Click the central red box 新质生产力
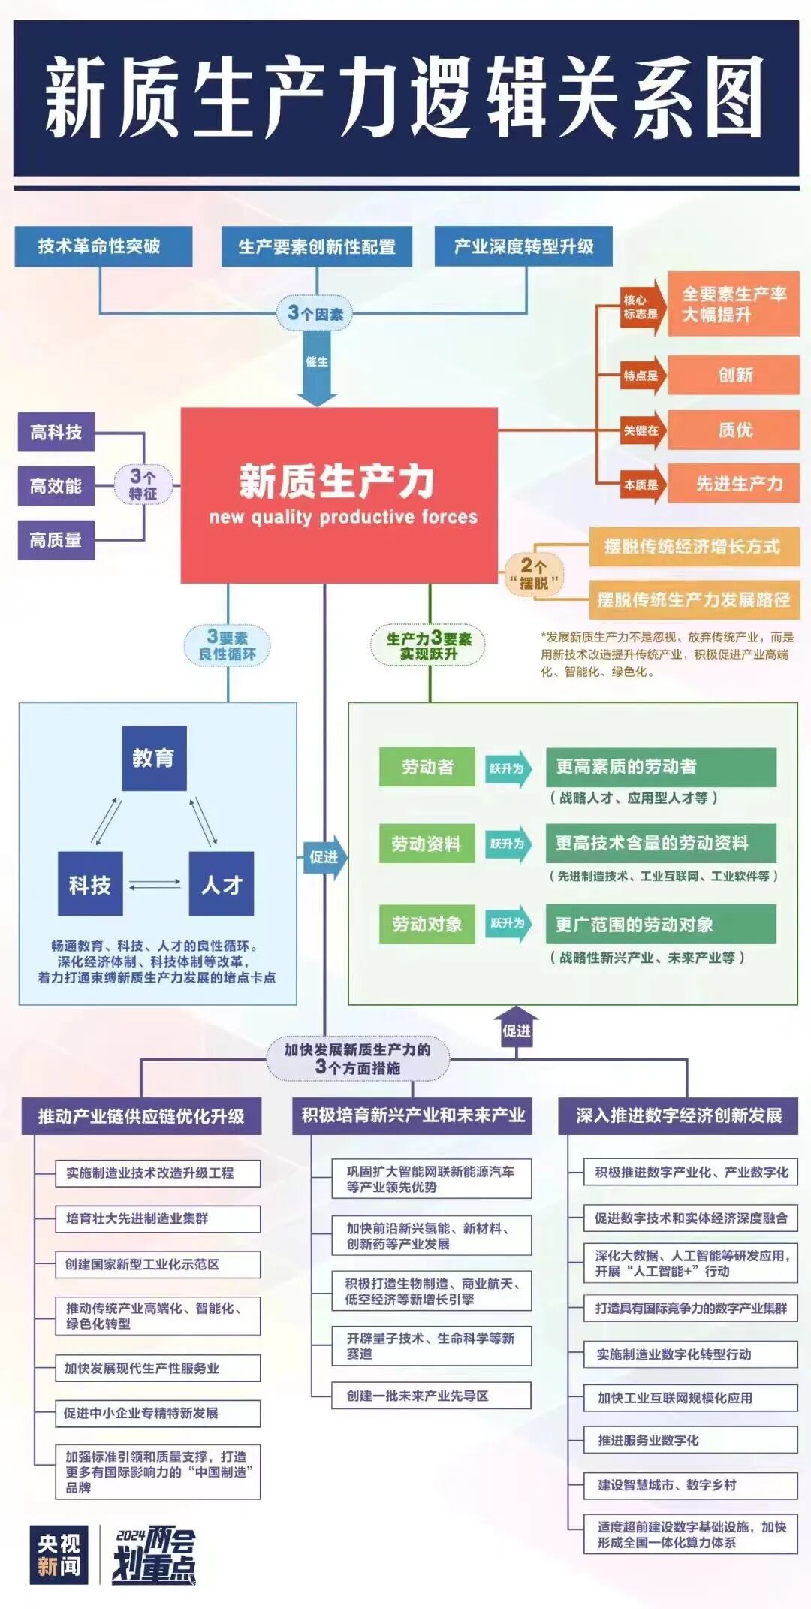coord(339,494)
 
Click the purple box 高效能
coord(56,486)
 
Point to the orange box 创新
coord(734,375)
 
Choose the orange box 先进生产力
coord(734,484)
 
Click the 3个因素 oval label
coord(316,312)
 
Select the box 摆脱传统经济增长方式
coord(693,546)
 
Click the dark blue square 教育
coord(154,758)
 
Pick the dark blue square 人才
coord(221,884)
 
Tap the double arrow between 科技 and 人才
coord(155,884)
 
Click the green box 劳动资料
coord(427,844)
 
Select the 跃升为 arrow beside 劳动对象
coord(508,923)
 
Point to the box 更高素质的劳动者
coord(661,766)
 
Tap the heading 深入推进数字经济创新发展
coord(679,1115)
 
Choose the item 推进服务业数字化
coord(691,1440)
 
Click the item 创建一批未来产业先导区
coord(431,1395)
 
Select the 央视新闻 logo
coord(59,1555)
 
